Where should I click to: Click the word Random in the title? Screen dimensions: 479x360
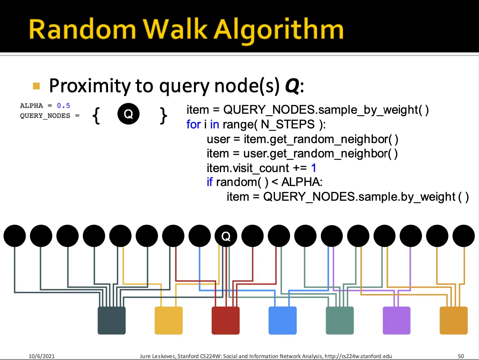(x=82, y=29)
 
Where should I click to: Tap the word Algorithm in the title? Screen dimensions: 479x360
(x=278, y=31)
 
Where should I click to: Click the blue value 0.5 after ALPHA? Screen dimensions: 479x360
(x=64, y=105)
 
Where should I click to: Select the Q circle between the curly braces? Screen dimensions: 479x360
(x=128, y=114)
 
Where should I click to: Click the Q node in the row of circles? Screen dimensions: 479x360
(x=226, y=236)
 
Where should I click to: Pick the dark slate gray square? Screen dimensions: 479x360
(x=111, y=320)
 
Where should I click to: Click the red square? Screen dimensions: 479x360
(x=226, y=320)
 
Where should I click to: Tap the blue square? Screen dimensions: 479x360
(x=282, y=320)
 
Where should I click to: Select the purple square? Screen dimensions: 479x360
(x=397, y=320)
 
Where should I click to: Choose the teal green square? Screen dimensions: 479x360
(x=340, y=320)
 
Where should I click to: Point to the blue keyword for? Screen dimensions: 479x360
(x=194, y=124)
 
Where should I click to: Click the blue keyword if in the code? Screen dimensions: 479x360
(x=209, y=182)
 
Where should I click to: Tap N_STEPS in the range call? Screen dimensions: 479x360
(x=288, y=125)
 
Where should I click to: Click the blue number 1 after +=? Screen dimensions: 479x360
(x=314, y=168)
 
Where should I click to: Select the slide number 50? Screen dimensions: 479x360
(x=461, y=356)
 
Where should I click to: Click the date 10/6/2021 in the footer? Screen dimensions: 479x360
(x=41, y=356)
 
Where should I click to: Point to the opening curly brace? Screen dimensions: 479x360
(x=96, y=116)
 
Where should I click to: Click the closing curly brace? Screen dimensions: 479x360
(x=163, y=116)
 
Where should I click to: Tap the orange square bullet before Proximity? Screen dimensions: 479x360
(x=36, y=86)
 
